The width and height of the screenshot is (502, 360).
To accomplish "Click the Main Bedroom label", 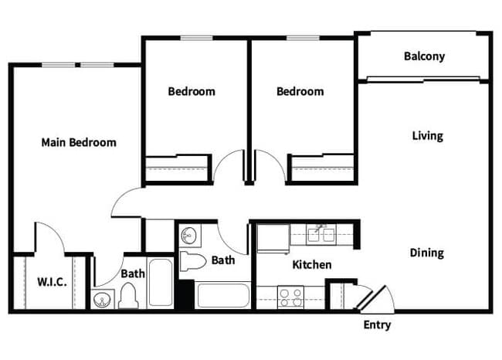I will tap(79, 142).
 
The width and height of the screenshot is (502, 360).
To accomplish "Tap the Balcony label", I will tap(424, 56).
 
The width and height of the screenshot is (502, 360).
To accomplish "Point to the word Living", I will tap(427, 136).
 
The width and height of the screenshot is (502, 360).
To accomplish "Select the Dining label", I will tap(426, 253).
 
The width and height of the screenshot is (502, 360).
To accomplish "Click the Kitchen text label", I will tap(312, 265).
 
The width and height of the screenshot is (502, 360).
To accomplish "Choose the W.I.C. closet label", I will tap(51, 281).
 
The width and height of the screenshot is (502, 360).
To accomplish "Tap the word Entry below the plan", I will tap(377, 324).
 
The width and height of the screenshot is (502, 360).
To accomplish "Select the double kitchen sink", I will tap(318, 233).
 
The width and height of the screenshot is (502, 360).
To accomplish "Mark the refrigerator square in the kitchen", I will tap(271, 238).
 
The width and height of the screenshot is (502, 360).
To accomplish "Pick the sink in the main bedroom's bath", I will tap(103, 300).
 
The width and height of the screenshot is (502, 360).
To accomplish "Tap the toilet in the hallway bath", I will tap(192, 260).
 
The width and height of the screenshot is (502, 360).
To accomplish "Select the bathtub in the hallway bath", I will tap(223, 294).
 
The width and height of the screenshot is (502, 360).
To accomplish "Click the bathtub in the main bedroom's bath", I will tap(160, 283).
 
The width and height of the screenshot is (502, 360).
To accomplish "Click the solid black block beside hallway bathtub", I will tap(185, 295).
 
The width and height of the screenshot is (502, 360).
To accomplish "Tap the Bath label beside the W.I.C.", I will tap(132, 273).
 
